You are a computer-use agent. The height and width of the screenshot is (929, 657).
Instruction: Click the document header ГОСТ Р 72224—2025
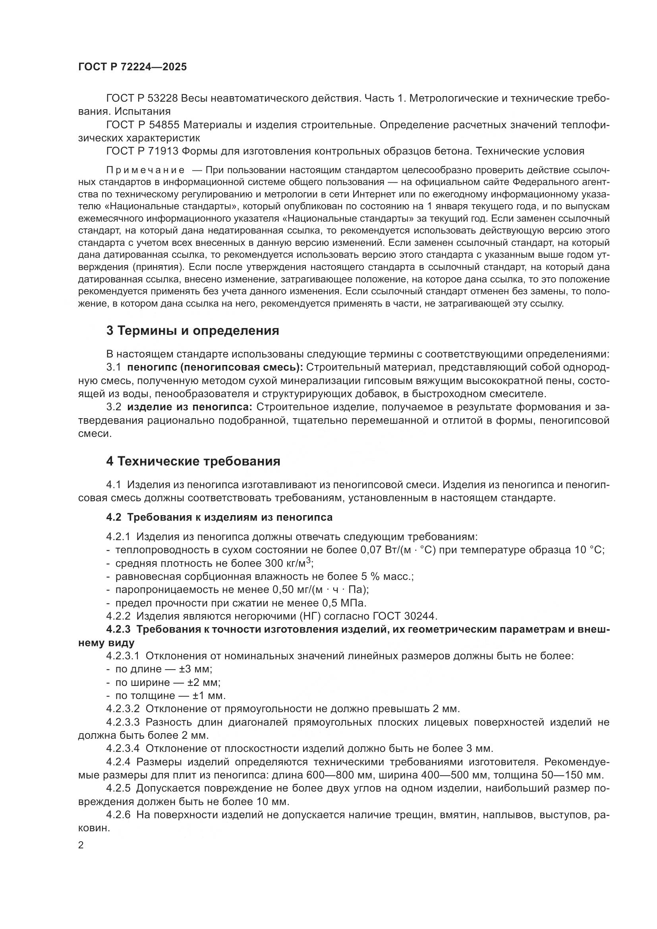(132, 67)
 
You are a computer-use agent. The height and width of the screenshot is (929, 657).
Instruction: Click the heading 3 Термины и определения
(193, 330)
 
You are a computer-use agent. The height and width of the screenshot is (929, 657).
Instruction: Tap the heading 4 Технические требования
(193, 461)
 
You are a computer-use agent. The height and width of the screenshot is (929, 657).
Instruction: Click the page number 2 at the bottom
(81, 845)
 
